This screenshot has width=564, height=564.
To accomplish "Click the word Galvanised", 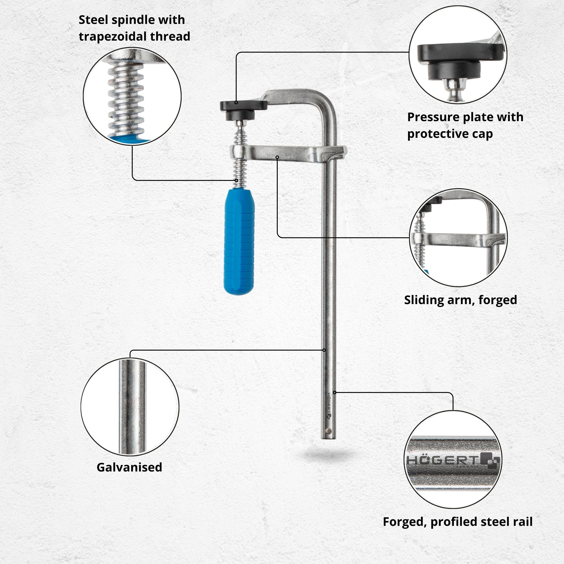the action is (x=129, y=467).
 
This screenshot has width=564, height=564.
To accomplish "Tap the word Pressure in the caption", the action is (x=433, y=117).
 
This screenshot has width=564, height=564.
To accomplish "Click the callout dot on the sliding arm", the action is (x=277, y=157).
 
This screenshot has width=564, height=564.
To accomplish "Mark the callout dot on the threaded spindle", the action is (x=236, y=180).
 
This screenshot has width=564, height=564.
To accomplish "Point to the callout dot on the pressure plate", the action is (x=236, y=102).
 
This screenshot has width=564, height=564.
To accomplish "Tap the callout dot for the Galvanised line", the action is (x=324, y=350).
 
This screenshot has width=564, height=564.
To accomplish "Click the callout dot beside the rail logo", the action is (x=335, y=393).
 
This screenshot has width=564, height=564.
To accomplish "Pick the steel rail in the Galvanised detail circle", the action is (x=132, y=407).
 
